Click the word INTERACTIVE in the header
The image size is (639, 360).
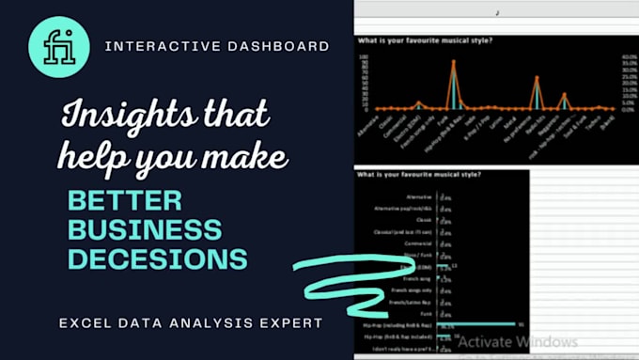(x=150, y=45)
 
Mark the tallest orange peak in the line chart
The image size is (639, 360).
(x=454, y=62)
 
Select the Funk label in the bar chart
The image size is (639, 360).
(x=425, y=313)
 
